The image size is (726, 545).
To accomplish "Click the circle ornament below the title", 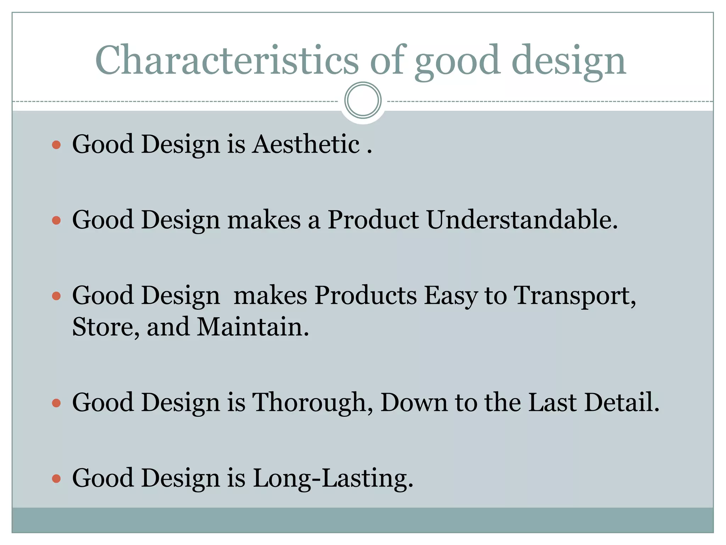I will [363, 100].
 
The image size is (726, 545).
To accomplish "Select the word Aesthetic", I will [306, 144].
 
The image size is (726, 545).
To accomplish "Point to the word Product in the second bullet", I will [373, 220].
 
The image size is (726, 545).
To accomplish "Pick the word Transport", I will [574, 295].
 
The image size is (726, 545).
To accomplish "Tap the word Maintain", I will [253, 326].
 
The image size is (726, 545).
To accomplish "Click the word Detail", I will [622, 402].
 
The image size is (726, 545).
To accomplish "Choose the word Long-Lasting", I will [333, 478].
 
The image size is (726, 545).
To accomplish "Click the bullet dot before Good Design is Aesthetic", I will [56, 145].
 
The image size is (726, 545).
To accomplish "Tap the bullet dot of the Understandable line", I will [56, 221].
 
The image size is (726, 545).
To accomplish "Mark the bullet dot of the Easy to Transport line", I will [56, 296].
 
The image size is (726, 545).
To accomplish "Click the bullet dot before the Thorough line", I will [56, 403].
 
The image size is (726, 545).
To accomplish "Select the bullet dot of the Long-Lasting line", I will [56, 479].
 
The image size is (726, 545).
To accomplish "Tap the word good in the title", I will [457, 61].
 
